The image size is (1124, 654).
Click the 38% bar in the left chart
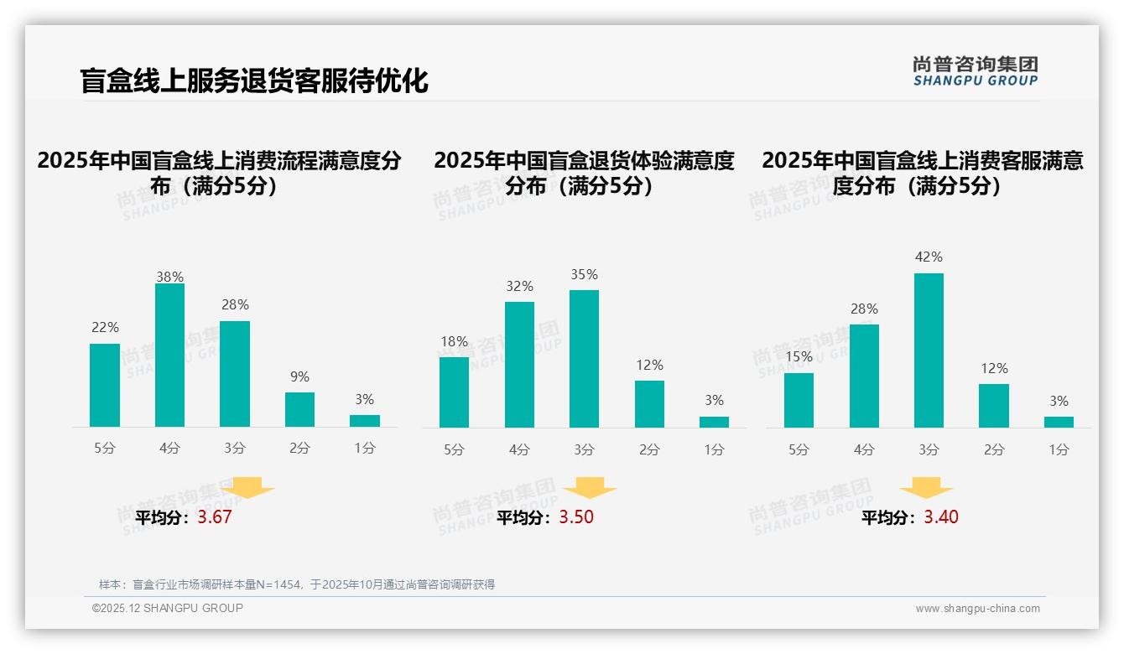pos(169,356)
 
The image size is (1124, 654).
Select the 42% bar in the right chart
pos(929,350)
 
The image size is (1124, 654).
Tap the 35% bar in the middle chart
pos(584,359)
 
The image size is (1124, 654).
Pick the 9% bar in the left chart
pos(299,409)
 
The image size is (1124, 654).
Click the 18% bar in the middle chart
pos(454,392)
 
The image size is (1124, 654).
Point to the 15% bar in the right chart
pos(799,400)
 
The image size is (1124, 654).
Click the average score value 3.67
pos(215,517)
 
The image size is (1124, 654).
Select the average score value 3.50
pos(576,517)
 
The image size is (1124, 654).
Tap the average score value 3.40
pos(941,517)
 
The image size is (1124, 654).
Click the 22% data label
pos(105,328)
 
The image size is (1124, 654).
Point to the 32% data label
pos(519,287)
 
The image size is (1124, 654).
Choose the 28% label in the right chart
pos(864,309)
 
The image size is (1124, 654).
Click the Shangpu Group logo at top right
pos(975,71)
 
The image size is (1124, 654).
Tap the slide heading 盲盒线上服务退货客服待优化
pos(254,80)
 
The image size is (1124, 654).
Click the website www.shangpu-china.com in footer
pos(977,609)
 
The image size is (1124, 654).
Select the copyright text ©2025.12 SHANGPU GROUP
pos(168,608)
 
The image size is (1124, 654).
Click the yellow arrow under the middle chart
pos(590,488)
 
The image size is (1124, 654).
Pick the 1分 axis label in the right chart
pos(1059,450)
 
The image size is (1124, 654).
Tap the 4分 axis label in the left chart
pos(169,449)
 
